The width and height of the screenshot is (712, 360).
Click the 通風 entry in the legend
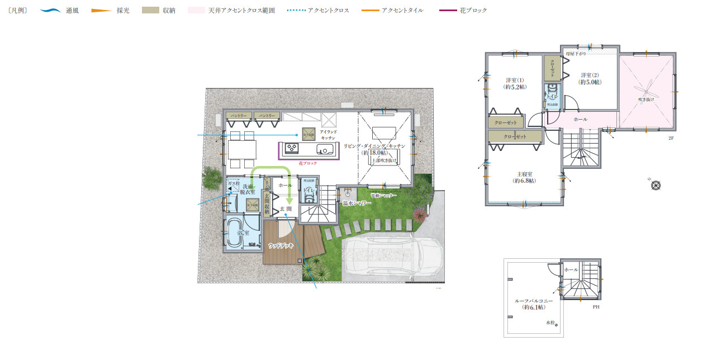72,11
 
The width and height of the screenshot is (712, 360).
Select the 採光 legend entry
123,11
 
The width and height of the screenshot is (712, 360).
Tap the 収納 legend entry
169,11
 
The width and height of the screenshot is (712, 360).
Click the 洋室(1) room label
514,83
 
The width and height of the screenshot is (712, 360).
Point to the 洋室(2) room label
589,78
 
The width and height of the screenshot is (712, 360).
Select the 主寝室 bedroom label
524,177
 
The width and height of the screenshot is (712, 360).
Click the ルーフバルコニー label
534,304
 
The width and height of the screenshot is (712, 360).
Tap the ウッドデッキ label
281,245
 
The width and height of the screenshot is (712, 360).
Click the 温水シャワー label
357,203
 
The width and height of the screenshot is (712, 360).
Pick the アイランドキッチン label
328,134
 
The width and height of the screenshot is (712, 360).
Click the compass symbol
656,184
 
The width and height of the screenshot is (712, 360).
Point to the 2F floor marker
671,138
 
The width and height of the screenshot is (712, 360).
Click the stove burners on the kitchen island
292,149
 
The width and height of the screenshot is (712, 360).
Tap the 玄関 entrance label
286,209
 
